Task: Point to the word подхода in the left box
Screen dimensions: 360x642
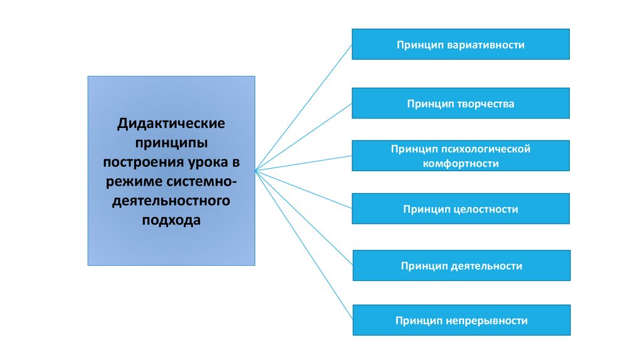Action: pos(171,221)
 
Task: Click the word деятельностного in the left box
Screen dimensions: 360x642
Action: pos(171,201)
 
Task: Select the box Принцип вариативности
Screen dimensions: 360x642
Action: pos(460,44)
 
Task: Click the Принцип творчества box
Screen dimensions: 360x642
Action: pos(460,103)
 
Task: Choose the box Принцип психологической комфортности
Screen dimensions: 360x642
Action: pos(460,156)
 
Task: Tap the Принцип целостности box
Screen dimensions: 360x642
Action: pos(460,209)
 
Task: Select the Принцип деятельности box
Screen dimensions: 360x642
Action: pos(461,265)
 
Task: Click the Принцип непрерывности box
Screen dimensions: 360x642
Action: pos(461,320)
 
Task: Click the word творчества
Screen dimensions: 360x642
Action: pos(486,104)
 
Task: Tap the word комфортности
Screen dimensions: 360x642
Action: pos(461,163)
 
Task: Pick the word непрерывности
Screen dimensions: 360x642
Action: pos(487,321)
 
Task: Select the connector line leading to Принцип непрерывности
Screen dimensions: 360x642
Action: pos(303,245)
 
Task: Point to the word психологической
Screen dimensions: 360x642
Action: pos(487,149)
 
